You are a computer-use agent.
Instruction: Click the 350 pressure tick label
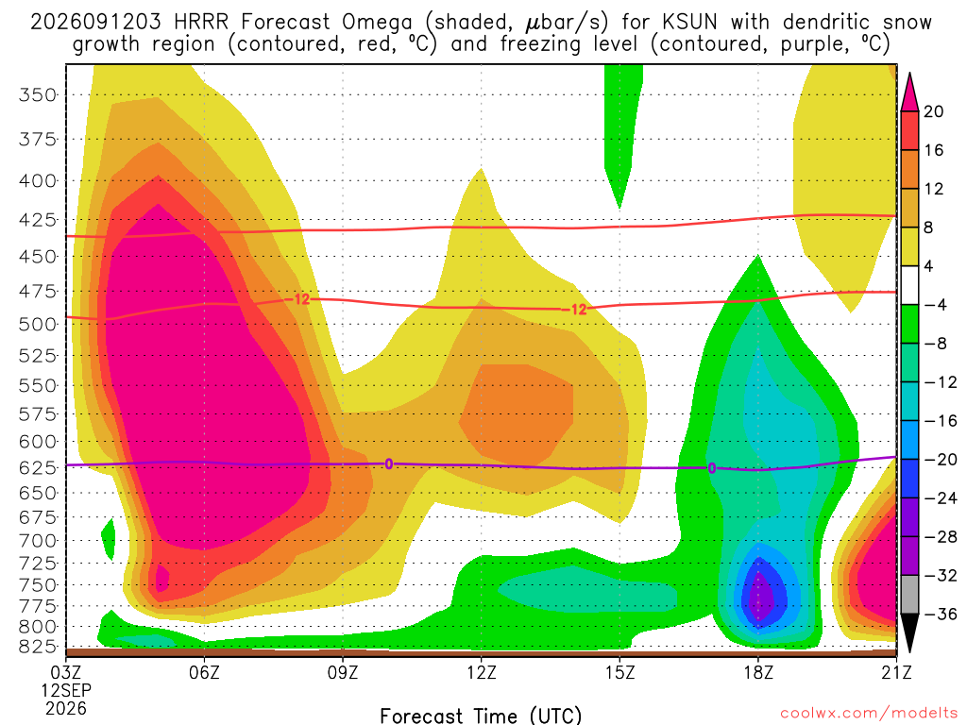[x=38, y=95]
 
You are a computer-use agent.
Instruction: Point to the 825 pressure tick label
[x=38, y=646]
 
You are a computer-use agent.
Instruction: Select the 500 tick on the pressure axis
[x=38, y=325]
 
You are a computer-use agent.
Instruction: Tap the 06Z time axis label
[x=204, y=672]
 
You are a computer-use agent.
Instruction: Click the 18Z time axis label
[x=758, y=672]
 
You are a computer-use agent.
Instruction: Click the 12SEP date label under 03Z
[x=66, y=690]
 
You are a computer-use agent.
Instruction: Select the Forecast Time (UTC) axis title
[x=481, y=716]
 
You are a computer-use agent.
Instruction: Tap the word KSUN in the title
[x=690, y=23]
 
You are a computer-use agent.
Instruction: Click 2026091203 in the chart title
[x=95, y=23]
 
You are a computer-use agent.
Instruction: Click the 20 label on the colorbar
[x=934, y=111]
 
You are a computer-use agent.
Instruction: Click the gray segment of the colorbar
[x=909, y=595]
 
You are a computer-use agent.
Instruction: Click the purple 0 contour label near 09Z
[x=388, y=464]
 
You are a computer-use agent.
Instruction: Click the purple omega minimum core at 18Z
[x=763, y=594]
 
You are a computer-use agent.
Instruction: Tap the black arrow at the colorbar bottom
[x=909, y=632]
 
